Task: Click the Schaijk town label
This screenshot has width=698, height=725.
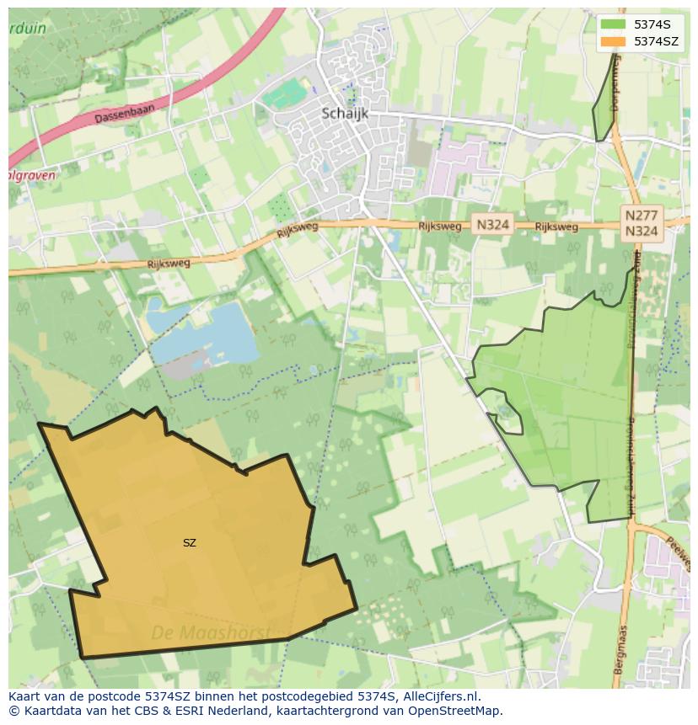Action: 345,114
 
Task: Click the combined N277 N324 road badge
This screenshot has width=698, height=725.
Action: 642,223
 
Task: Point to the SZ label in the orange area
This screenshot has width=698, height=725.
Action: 190,543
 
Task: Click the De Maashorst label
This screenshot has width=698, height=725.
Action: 211,632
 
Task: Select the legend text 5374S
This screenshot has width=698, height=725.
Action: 652,24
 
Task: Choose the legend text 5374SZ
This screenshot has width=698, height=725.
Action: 656,41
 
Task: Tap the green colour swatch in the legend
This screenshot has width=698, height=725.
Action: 614,24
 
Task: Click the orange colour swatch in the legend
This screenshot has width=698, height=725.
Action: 614,41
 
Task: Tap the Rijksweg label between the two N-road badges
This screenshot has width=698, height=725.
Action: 556,227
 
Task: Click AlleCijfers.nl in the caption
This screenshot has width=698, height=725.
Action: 438,696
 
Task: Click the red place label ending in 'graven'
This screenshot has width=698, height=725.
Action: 31,176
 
